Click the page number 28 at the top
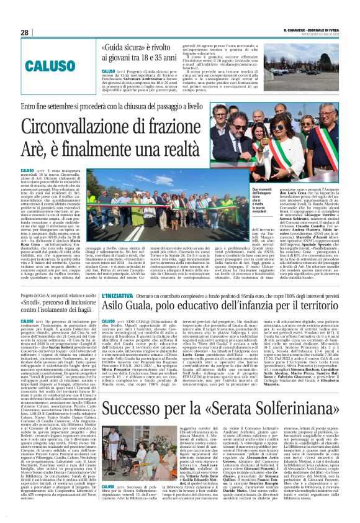pos(24,32)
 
